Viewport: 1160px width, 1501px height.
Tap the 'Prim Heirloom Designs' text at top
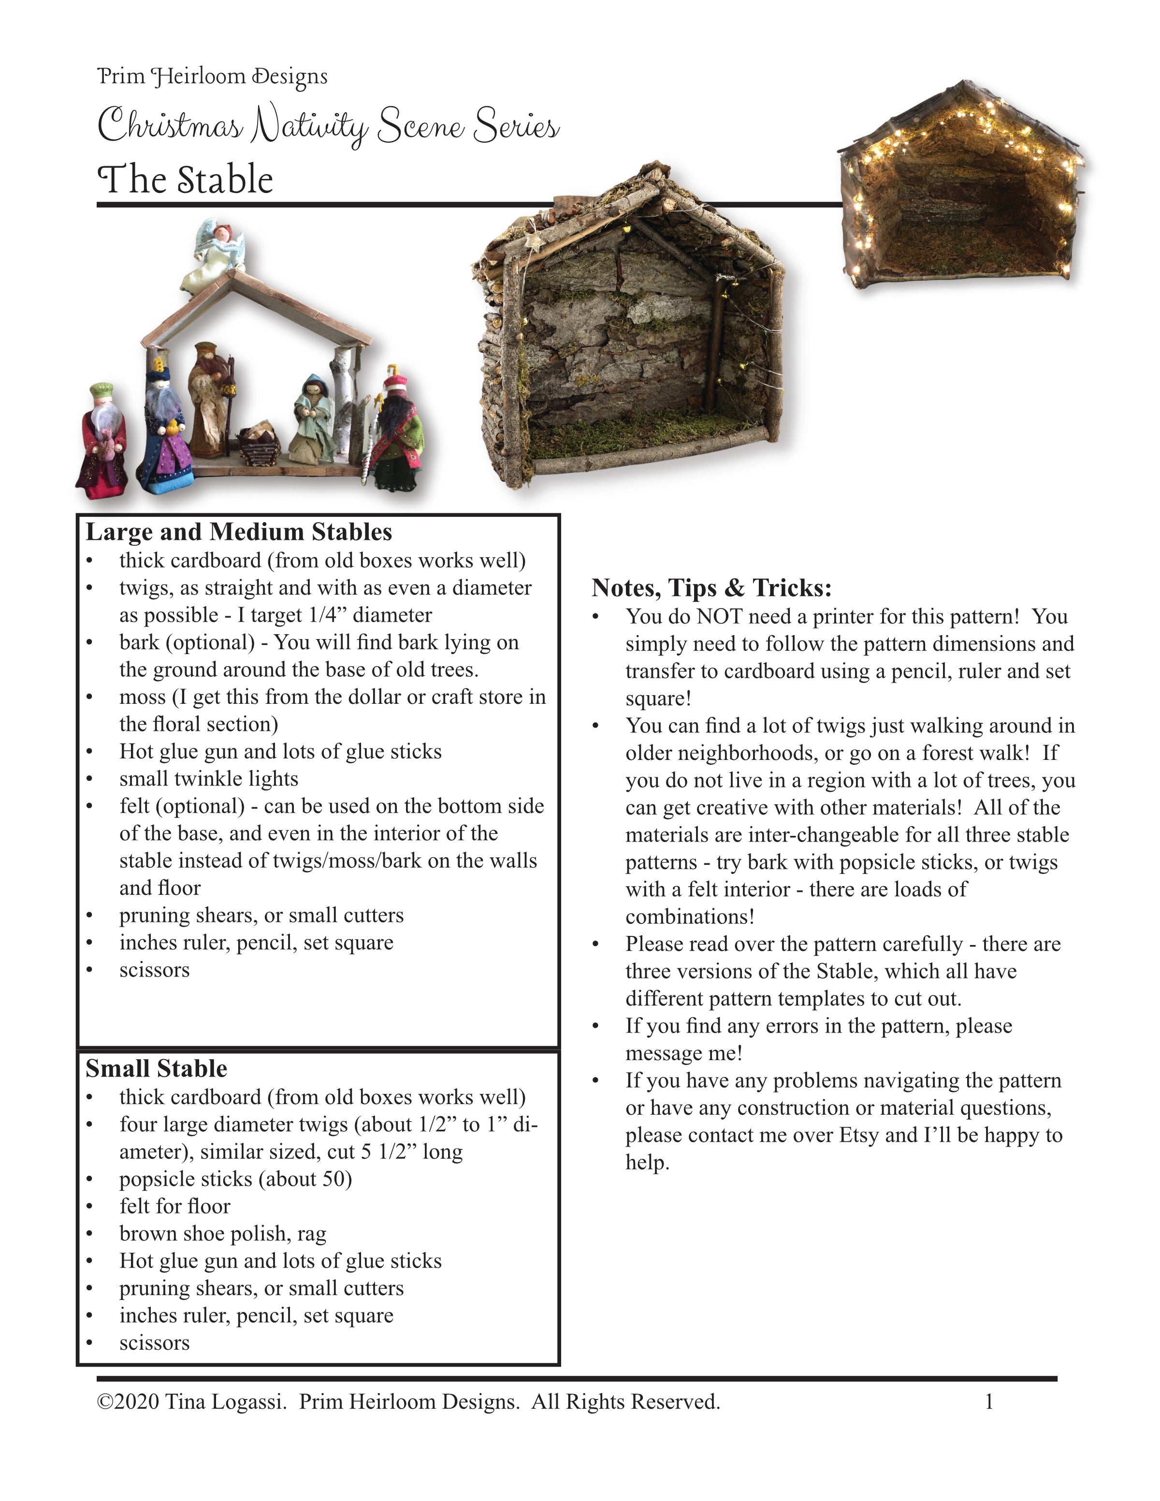212,76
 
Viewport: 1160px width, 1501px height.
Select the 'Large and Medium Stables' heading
238,532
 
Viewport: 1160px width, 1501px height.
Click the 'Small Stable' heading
156,1069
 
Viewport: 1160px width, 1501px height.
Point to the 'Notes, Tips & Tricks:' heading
711,588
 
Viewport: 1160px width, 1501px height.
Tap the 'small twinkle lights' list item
209,779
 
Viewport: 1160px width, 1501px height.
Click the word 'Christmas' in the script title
170,127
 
